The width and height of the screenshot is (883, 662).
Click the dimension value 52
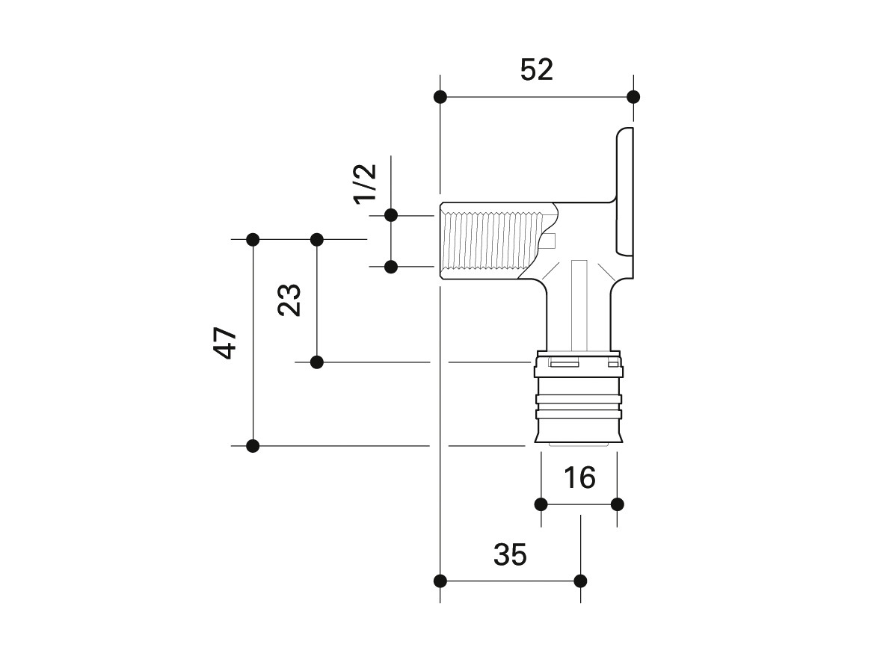[x=536, y=69]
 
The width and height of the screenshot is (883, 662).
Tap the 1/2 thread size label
[x=366, y=183]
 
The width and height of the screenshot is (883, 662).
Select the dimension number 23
[x=290, y=300]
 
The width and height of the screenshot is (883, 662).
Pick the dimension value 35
[x=510, y=554]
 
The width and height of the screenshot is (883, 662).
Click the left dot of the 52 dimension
[x=440, y=97]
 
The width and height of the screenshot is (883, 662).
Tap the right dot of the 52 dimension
[x=633, y=97]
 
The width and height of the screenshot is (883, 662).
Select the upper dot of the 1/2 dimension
[x=391, y=215]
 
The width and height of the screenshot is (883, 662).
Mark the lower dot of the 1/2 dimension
[x=391, y=266]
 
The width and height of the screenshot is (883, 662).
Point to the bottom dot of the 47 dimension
[x=253, y=446]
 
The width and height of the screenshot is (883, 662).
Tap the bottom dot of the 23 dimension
[x=317, y=362]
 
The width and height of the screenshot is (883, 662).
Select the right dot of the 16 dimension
[x=617, y=504]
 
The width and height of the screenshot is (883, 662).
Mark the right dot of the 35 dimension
[x=581, y=581]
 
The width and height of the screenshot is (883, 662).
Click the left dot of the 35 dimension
[x=440, y=581]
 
